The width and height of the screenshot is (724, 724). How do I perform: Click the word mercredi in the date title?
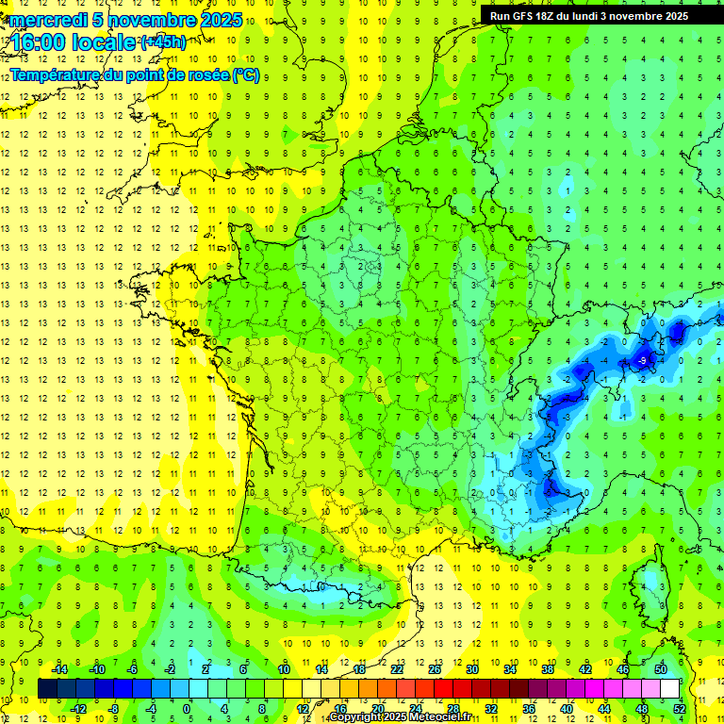47,20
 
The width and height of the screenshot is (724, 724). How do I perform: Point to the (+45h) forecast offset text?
163,41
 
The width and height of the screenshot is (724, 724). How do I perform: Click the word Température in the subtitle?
58,74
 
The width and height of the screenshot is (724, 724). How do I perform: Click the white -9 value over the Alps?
642,360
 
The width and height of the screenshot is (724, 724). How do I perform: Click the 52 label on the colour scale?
679,708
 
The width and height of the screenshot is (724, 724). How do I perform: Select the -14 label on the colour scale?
58,669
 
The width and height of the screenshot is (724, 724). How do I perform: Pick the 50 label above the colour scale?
660,669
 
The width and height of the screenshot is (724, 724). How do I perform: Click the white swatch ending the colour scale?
669,688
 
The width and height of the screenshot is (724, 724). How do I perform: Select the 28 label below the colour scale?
453,708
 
